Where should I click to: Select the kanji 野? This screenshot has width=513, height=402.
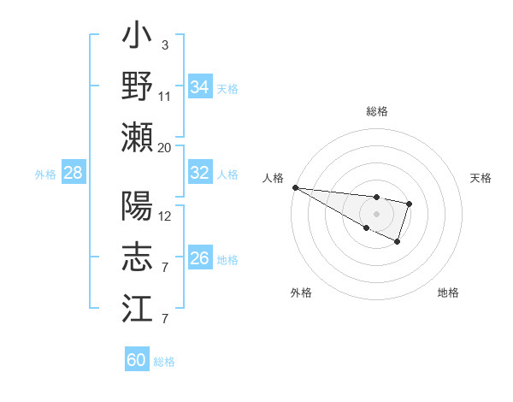pyautogui.click(x=138, y=86)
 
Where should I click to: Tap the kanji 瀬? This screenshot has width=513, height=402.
pyautogui.click(x=138, y=137)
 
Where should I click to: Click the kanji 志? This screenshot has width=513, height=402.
pyautogui.click(x=138, y=257)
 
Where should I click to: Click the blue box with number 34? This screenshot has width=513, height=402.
pyautogui.click(x=200, y=87)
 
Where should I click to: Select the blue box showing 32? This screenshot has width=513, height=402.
pyautogui.click(x=200, y=173)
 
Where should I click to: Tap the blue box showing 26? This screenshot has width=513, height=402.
pyautogui.click(x=200, y=258)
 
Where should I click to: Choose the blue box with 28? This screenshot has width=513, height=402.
pyautogui.click(x=73, y=173)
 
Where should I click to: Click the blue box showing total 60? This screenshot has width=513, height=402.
pyautogui.click(x=137, y=360)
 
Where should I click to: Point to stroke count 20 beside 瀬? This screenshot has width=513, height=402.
pyautogui.click(x=164, y=147)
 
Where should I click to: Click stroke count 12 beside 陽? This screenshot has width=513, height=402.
pyautogui.click(x=164, y=216)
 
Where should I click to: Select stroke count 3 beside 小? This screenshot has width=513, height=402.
pyautogui.click(x=164, y=44)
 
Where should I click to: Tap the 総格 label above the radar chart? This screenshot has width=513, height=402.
pyautogui.click(x=377, y=111)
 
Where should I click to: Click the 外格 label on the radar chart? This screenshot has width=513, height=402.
pyautogui.click(x=301, y=293)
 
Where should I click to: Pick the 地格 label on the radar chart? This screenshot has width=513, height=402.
pyautogui.click(x=448, y=293)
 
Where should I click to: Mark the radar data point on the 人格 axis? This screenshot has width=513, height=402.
pyautogui.click(x=294, y=186)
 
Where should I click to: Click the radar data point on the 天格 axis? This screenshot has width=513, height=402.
pyautogui.click(x=410, y=204)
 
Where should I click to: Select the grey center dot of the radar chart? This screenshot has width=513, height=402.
pyautogui.click(x=376, y=213)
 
